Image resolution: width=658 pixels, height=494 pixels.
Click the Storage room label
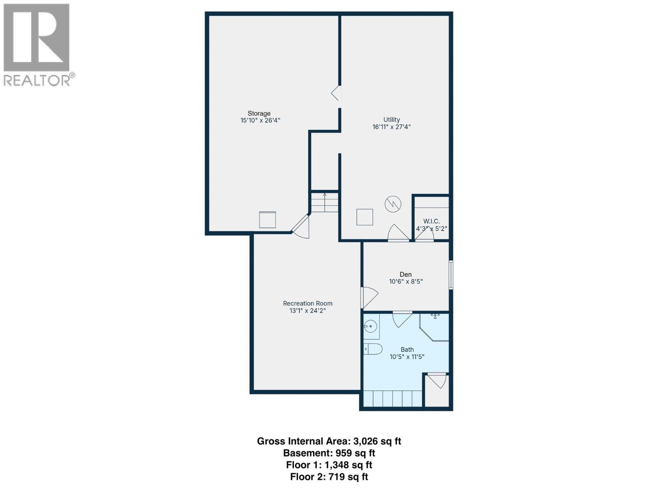tap(259, 113)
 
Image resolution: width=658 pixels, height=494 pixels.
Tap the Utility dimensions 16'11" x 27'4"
tap(392, 127)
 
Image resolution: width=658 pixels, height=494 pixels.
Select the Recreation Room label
tap(308, 303)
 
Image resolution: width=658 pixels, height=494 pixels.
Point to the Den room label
tap(405, 274)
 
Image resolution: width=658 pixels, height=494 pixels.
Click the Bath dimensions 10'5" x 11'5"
tap(407, 357)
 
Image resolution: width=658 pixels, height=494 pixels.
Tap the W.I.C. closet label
tap(431, 221)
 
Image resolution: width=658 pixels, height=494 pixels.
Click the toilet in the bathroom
tap(373, 349)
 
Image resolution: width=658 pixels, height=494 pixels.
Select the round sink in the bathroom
tap(371, 327)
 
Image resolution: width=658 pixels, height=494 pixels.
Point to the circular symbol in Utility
tap(393, 204)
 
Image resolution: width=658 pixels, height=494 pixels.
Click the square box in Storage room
tap(267, 220)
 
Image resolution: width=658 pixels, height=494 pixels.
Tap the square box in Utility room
tap(364, 217)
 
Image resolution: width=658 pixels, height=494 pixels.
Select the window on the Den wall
tap(451, 275)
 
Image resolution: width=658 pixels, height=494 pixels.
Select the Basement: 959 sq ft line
tap(329, 453)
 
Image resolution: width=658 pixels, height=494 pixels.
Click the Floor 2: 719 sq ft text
tap(329, 477)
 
